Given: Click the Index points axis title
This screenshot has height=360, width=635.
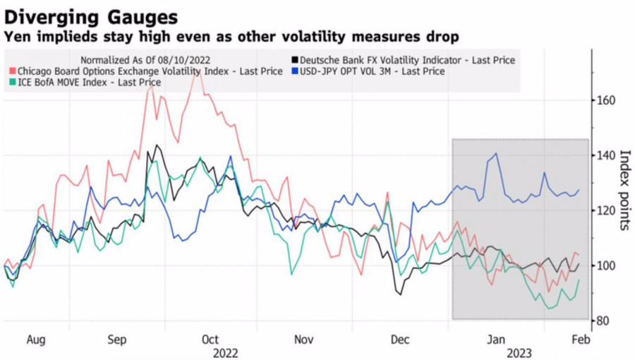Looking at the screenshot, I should click(x=624, y=190).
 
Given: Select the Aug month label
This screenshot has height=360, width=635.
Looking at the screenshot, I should click(x=36, y=340).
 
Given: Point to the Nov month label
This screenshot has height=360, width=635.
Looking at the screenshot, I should click(x=303, y=340).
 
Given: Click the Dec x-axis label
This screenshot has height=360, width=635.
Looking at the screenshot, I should click(x=400, y=340).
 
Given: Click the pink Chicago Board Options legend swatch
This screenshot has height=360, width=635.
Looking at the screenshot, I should click(x=13, y=71).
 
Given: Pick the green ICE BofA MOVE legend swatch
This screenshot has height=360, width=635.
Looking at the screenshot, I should click(x=13, y=83).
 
